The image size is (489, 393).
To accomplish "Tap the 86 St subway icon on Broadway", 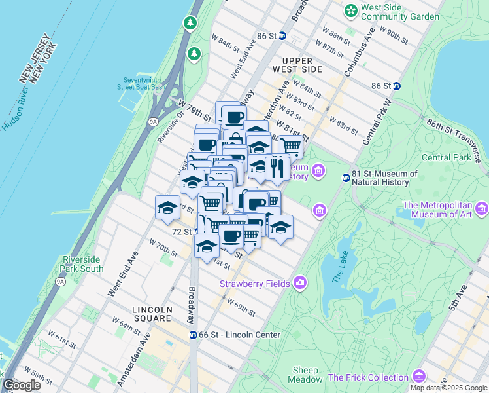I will click(282, 36).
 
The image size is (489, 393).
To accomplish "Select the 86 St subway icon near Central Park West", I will click(397, 86).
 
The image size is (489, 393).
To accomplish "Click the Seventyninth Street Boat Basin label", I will click(142, 82).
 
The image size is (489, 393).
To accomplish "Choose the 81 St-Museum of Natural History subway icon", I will click(346, 178).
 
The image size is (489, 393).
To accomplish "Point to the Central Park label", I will click(447, 157).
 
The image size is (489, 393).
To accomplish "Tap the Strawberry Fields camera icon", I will click(300, 282).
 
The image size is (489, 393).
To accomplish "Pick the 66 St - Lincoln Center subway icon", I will click(194, 335).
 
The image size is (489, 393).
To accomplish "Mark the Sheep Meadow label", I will click(307, 374).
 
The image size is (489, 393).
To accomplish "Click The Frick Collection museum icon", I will click(419, 377).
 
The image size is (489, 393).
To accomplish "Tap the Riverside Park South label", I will click(82, 264).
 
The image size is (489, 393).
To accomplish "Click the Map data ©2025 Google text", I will click(448, 388).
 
